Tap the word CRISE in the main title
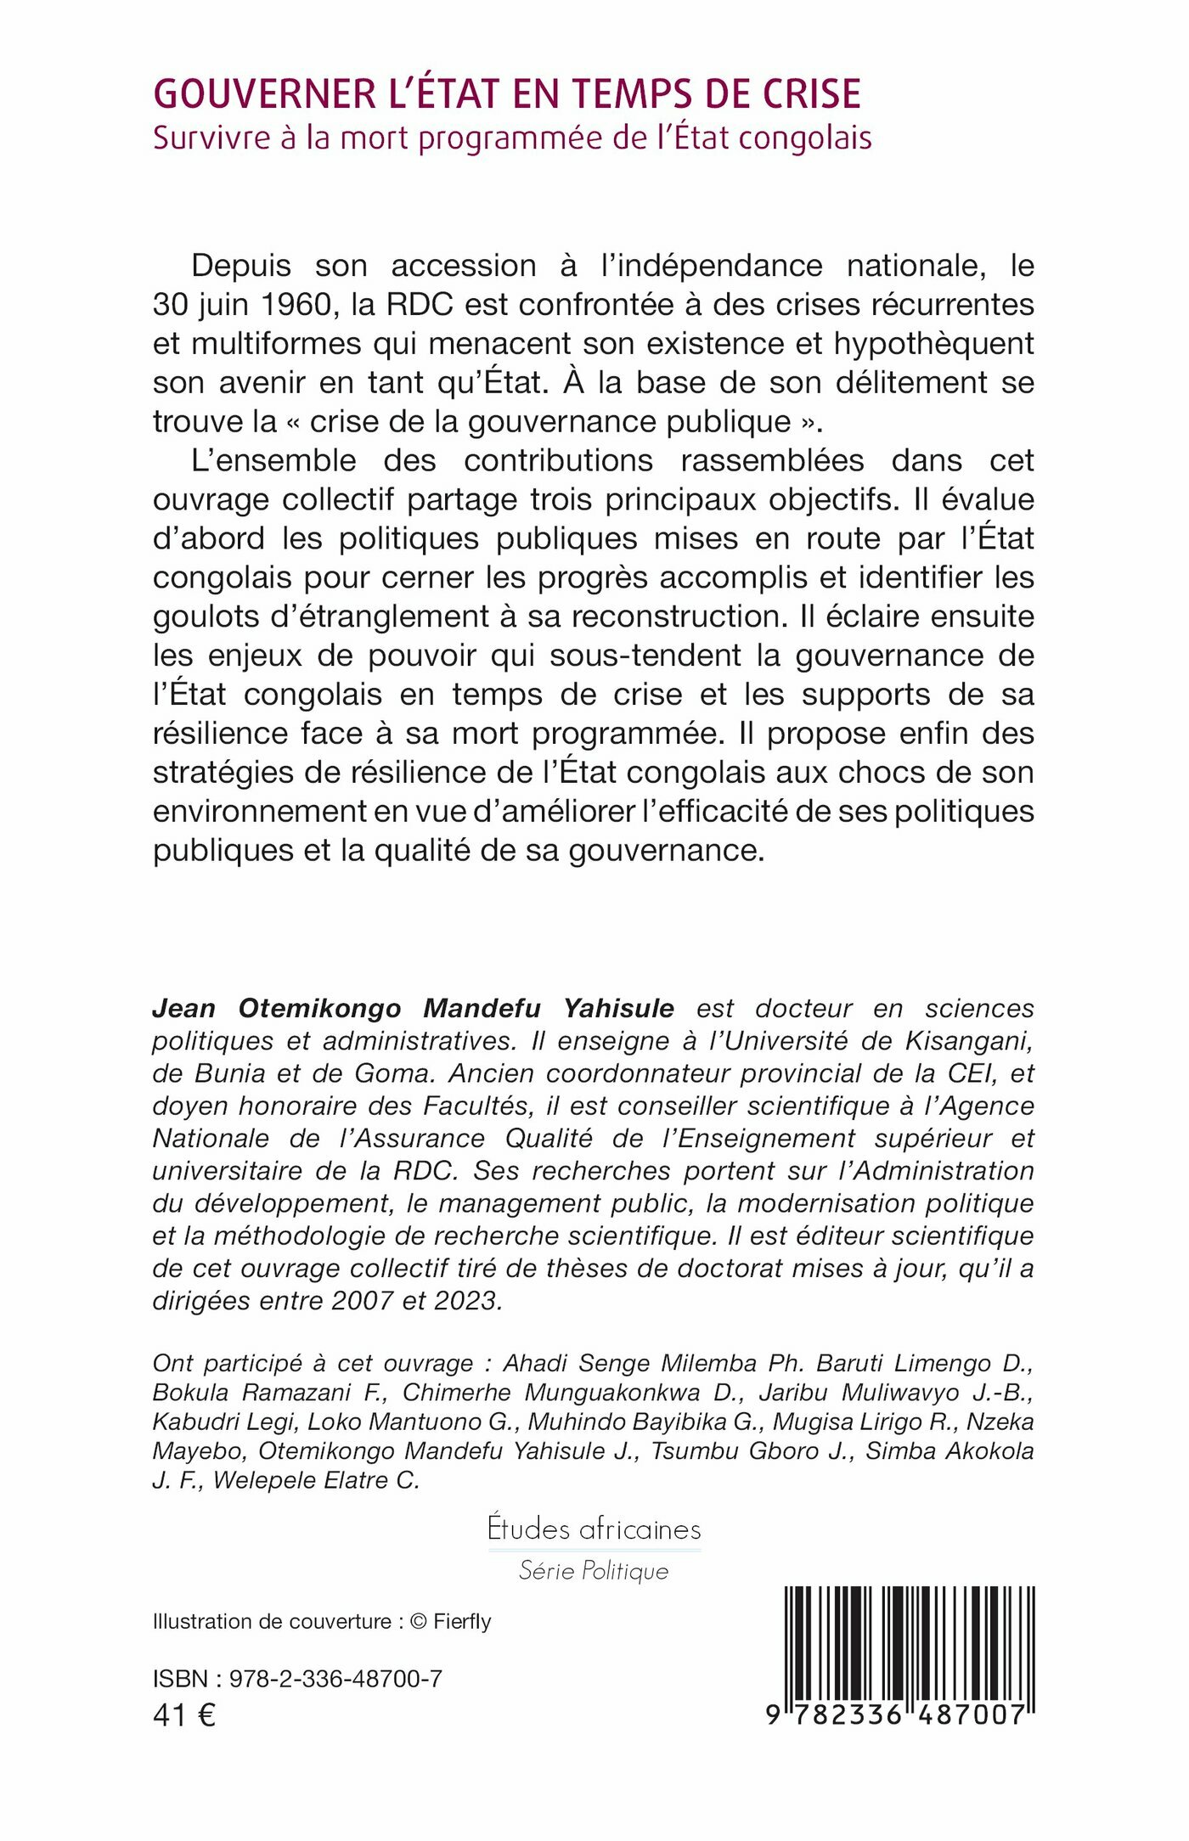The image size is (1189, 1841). [812, 94]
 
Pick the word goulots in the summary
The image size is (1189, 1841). [206, 616]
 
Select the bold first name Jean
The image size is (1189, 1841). [183, 1008]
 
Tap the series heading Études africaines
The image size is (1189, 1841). [594, 1529]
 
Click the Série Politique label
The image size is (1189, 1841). [594, 1571]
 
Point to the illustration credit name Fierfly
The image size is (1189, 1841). [462, 1621]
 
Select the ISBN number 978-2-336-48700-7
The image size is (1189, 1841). [335, 1679]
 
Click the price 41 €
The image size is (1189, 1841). [184, 1714]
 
